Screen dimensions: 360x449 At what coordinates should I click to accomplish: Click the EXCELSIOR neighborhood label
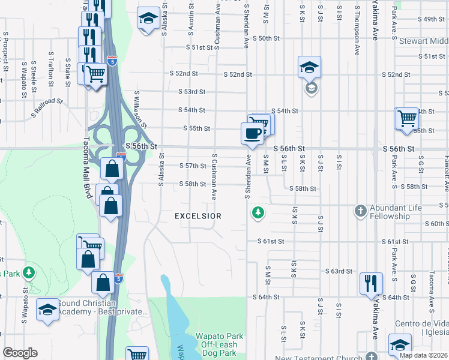[198, 215]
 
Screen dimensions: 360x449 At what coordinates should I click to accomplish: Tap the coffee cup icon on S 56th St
[252, 133]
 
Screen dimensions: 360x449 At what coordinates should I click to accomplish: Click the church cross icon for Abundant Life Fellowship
[360, 211]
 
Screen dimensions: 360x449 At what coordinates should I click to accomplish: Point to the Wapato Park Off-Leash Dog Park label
[219, 341]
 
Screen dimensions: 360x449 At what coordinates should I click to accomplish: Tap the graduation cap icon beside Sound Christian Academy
[47, 310]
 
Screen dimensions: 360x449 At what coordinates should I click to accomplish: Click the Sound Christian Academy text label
[103, 307]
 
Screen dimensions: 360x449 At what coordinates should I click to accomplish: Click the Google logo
[20, 353]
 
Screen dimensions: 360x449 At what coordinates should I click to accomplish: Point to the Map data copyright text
[423, 355]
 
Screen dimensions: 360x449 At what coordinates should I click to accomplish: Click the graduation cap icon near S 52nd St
[310, 67]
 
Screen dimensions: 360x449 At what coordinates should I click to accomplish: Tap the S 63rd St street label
[339, 271]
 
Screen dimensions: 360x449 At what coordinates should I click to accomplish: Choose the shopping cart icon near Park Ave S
[406, 118]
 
